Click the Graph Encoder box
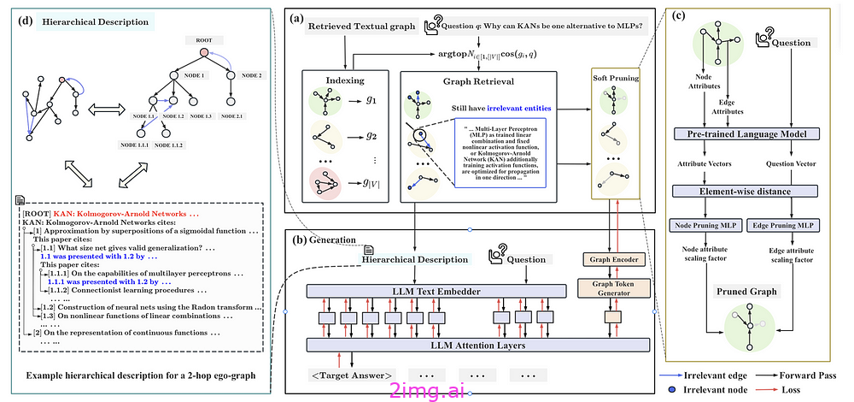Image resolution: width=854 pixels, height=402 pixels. (x=614, y=259)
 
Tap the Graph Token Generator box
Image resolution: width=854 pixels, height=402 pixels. (x=614, y=289)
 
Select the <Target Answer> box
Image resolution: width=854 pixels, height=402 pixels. (x=353, y=375)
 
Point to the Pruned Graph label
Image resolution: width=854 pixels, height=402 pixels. (x=748, y=291)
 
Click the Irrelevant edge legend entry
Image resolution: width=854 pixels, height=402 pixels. (x=717, y=375)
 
